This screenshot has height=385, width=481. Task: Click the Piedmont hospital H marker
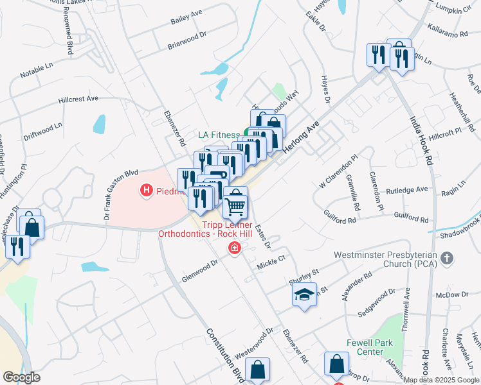coord(146,190)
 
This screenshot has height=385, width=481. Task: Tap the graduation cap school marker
coord(305,295)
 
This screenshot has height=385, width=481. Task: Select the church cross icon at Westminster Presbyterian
coord(448,259)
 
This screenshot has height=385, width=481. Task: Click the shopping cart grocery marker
coord(235,206)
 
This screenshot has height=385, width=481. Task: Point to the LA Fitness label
coord(217,135)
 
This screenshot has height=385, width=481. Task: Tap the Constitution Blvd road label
coord(224,354)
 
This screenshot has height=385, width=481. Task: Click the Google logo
coord(21,377)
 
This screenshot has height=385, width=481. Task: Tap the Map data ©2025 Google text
coord(441,380)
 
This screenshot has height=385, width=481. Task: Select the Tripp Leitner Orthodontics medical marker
coord(235,249)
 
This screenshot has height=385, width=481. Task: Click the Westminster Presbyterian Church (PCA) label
coord(386,259)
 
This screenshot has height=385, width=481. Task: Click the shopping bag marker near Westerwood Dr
coord(257,370)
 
